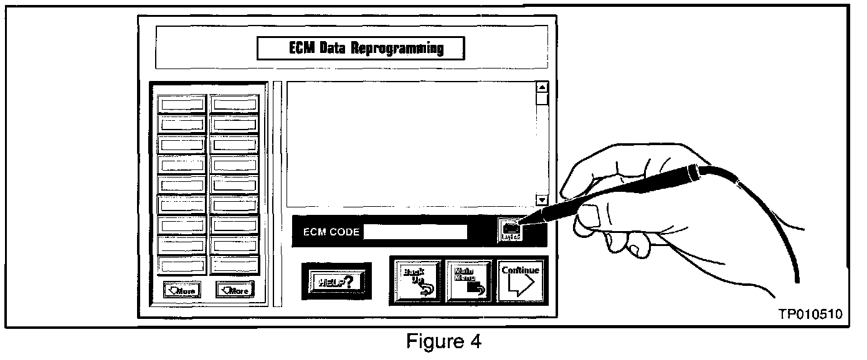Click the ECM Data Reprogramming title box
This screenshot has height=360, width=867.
360,48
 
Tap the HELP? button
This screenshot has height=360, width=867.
333,281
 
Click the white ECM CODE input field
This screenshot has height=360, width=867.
415,232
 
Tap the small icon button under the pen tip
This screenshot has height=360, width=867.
510,231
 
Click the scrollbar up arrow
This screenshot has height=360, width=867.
541,87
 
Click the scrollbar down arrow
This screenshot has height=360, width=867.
541,200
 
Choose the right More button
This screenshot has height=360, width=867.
235,290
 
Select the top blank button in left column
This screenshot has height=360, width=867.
181,103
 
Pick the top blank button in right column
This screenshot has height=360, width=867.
234,103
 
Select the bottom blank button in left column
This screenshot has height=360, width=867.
181,265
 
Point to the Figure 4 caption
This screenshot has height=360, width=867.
443,342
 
